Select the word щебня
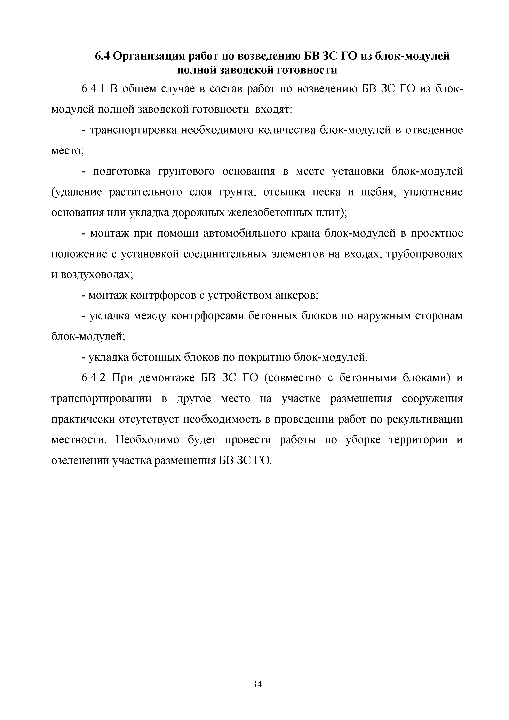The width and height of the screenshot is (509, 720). tap(378, 192)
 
